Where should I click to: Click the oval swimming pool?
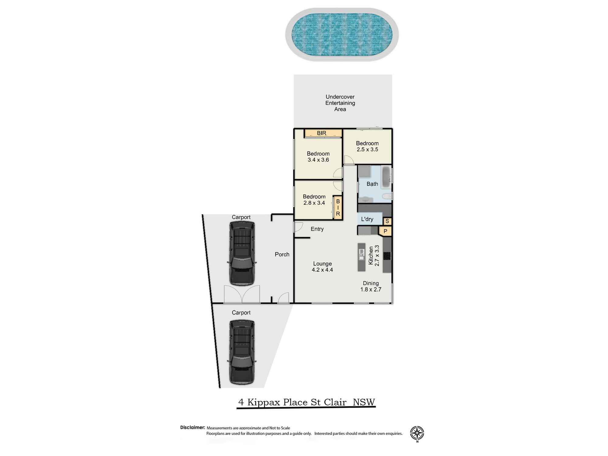click(342, 34)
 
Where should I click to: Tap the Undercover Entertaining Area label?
click(340, 103)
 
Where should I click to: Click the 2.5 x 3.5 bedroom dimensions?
click(367, 150)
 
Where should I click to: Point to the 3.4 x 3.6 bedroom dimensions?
click(318, 160)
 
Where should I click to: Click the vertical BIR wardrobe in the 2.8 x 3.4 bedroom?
click(338, 208)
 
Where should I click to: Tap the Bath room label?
click(372, 184)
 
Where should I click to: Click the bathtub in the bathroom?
click(386, 178)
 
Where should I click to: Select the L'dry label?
click(367, 219)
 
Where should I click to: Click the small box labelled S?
click(387, 221)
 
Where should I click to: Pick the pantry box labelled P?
click(385, 231)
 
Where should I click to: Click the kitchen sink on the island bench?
click(361, 254)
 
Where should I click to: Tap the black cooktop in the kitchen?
click(387, 256)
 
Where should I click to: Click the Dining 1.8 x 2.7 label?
click(371, 286)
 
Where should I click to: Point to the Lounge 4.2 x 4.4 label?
click(322, 267)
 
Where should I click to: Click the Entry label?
click(317, 229)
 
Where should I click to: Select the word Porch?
click(282, 254)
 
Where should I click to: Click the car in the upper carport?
click(242, 253)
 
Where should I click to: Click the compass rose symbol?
click(417, 433)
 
